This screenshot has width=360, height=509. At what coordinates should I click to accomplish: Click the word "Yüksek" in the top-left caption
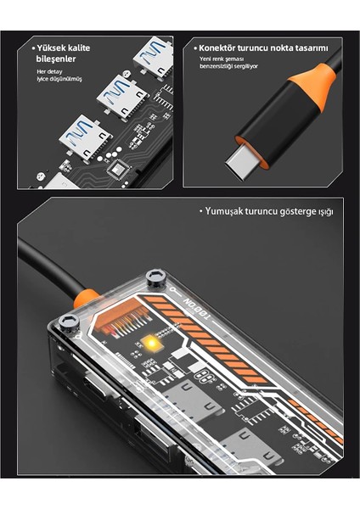tap(48, 48)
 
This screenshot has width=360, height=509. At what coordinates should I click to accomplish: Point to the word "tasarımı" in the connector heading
tap(310, 48)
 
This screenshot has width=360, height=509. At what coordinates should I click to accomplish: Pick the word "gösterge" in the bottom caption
tap(298, 210)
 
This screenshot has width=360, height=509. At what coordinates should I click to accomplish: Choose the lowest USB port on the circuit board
tap(83, 134)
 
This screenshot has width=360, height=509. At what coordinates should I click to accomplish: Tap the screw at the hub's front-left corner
tap(70, 322)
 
